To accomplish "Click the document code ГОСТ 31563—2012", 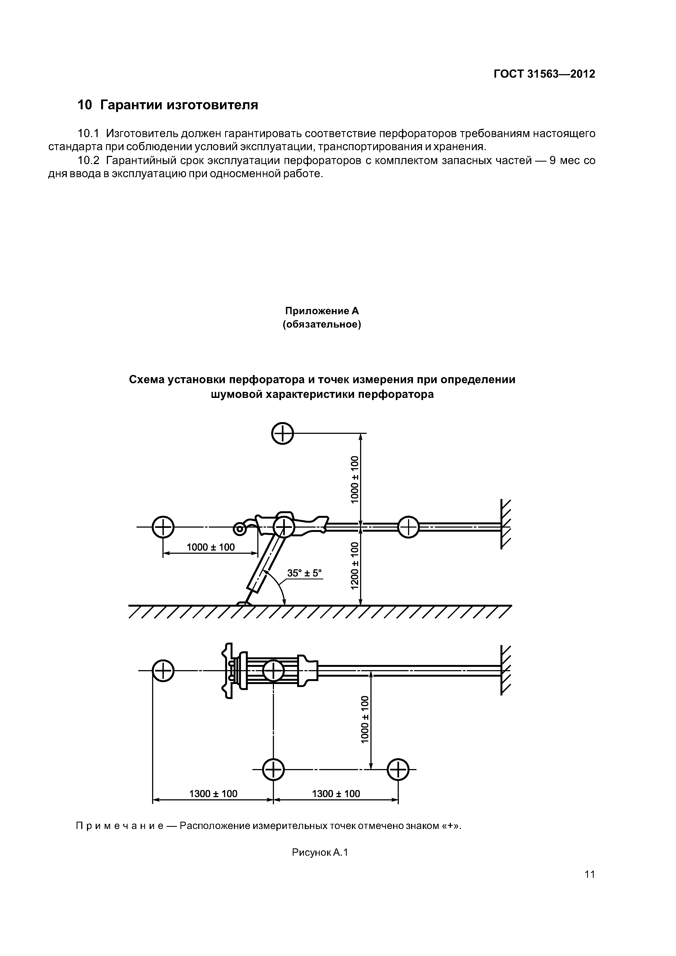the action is coord(544,74).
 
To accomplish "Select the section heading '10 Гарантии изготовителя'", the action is coord(168,105).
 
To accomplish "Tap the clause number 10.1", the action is coord(88,134).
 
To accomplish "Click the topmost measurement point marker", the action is coord(282,434).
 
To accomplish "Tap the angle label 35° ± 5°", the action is coord(304,573).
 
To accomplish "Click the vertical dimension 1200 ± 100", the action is coord(354,565).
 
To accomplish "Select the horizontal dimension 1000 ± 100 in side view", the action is coord(210,547).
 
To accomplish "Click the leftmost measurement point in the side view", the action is coord(163,528).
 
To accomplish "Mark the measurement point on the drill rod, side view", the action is coord(409,528).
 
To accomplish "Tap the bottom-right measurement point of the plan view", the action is coord(398,770).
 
